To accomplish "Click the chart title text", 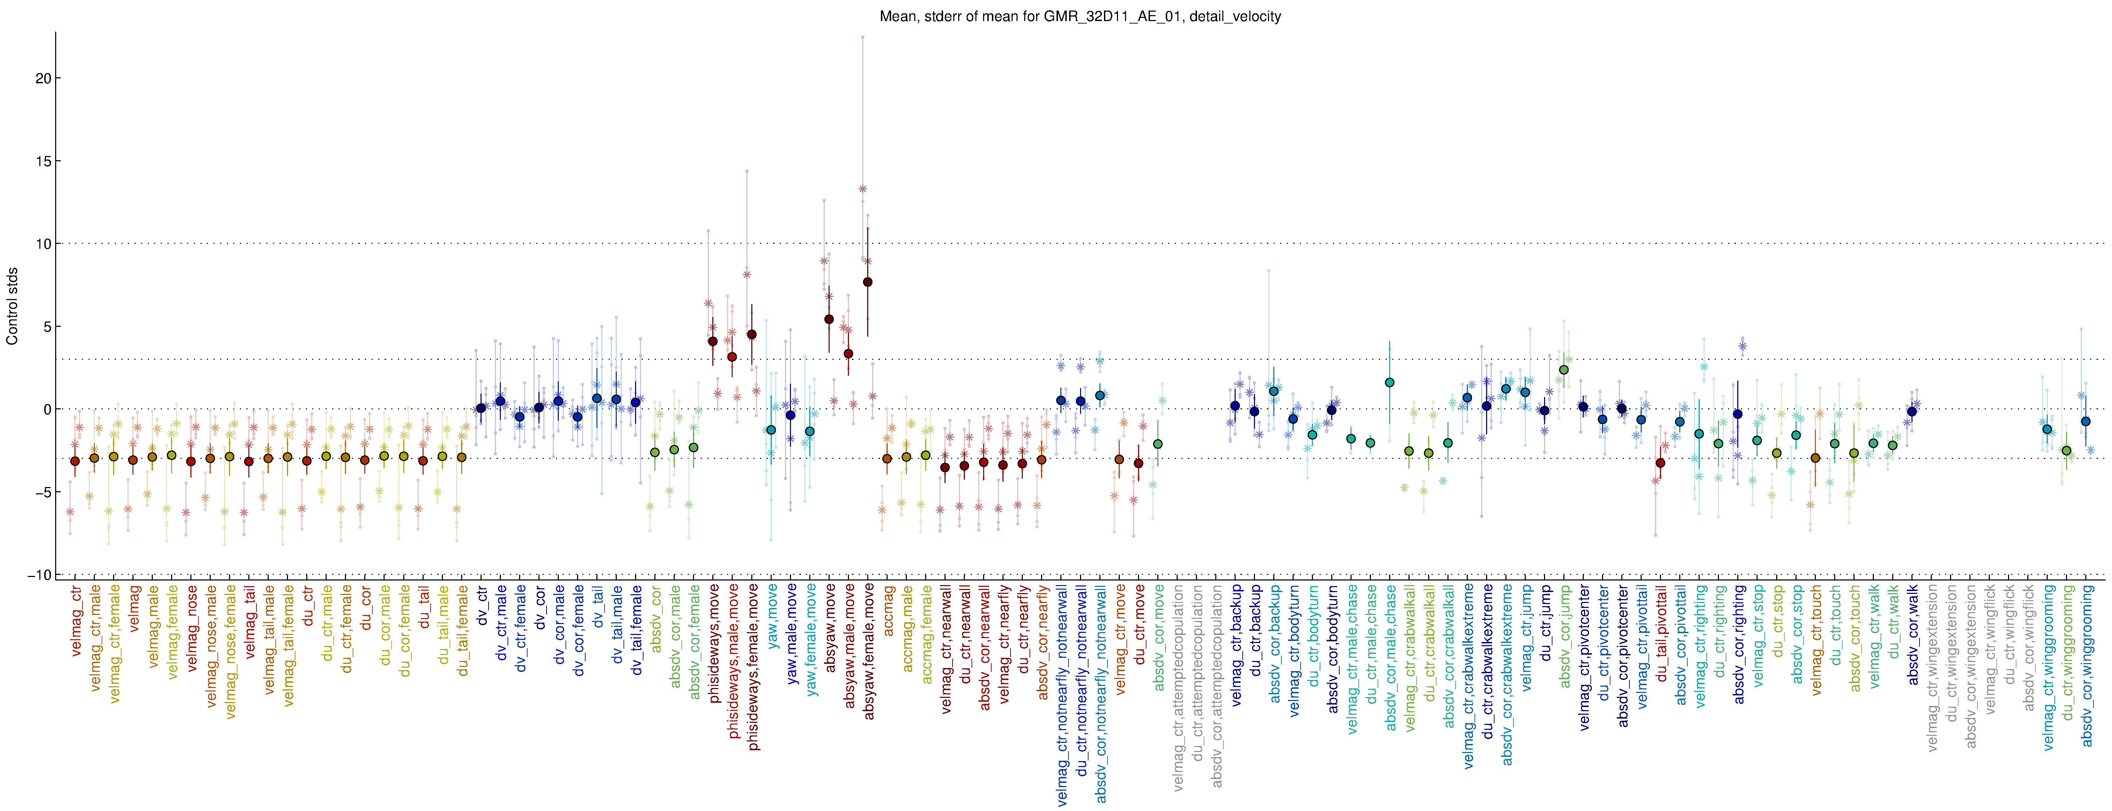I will (1080, 17).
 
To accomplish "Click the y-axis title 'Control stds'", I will (12, 306).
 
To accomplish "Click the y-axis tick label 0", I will (47, 409).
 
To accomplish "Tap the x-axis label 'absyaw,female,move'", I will (869, 652).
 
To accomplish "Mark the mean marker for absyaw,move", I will (829, 319).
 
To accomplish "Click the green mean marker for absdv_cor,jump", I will (1563, 370).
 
